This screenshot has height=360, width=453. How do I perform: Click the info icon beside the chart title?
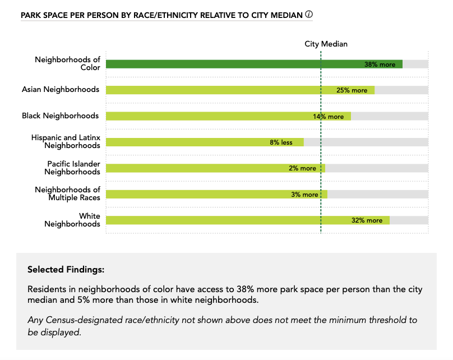(309, 15)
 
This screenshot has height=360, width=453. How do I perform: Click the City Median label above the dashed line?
(326, 44)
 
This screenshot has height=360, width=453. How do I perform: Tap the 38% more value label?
(380, 64)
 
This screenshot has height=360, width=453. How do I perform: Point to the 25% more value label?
(352, 90)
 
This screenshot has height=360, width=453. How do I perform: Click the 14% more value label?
(328, 117)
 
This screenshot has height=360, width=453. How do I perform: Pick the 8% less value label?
(281, 142)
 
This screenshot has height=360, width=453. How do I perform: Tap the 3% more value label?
(304, 195)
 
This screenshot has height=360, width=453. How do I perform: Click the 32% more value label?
(367, 220)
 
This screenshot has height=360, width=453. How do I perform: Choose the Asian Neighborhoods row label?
(61, 89)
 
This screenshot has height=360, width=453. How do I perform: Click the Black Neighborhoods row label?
(60, 116)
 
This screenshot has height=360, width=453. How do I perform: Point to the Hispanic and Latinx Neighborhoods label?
(66, 141)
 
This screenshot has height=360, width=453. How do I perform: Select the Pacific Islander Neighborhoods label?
(73, 168)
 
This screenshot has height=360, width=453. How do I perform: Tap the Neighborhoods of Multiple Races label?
(67, 193)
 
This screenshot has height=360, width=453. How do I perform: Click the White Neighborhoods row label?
(72, 220)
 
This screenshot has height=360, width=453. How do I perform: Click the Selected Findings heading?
(66, 270)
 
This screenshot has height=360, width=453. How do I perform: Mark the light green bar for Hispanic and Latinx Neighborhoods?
(205, 142)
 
